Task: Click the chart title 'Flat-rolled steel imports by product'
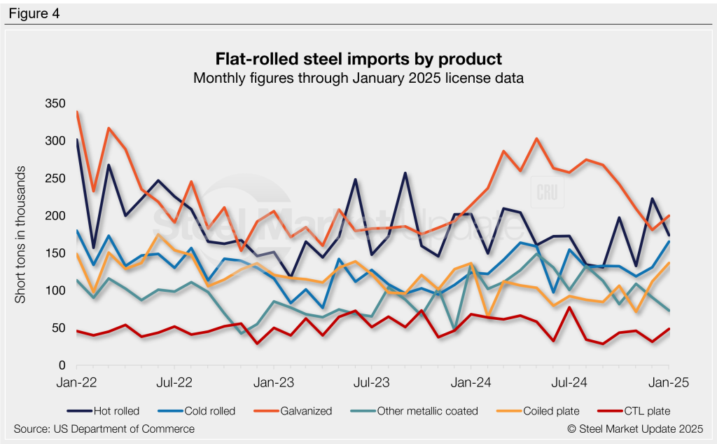coord(358,58)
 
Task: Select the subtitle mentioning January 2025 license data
coord(358,78)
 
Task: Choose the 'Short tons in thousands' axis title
coord(21,235)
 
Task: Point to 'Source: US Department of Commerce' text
coord(104,429)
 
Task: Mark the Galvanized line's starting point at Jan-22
coord(76,112)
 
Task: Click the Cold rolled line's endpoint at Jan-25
coord(669,242)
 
